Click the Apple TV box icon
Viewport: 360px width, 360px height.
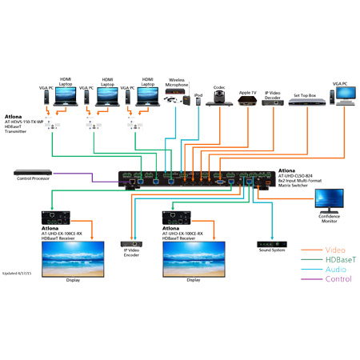248,104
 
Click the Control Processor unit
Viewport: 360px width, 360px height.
30,171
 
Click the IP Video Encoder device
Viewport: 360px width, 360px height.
131,242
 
